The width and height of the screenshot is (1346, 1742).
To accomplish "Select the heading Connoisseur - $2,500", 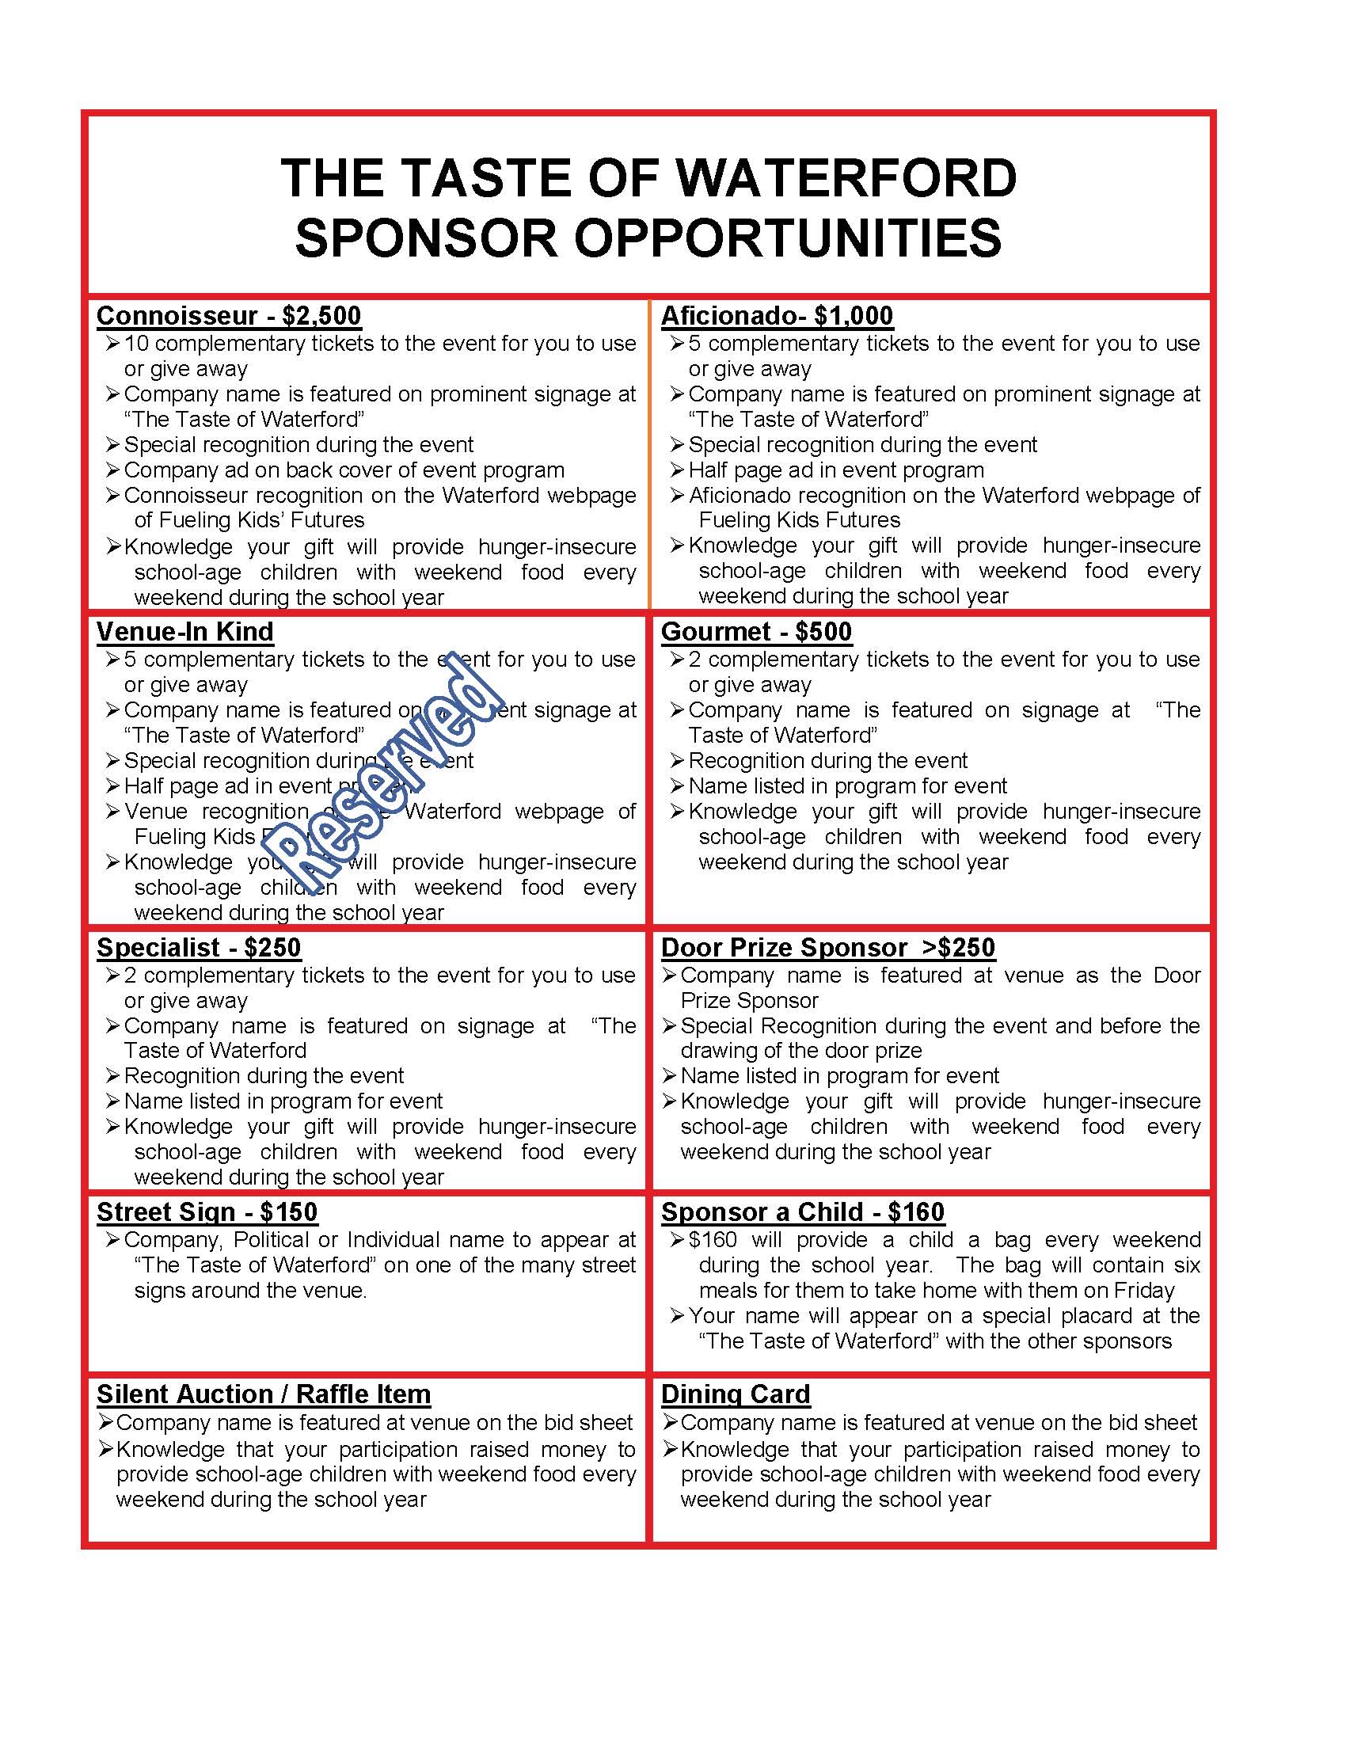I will coord(229,316).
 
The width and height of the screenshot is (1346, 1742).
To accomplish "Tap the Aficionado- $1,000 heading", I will coord(777,316).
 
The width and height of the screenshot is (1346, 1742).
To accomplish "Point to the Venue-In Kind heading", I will coord(185,632).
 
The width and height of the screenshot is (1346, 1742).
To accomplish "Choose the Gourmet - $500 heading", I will coord(756,632).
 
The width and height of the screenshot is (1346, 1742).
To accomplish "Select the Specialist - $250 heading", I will coord(199,948).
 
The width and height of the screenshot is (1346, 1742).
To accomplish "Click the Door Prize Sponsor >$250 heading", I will coord(827,948).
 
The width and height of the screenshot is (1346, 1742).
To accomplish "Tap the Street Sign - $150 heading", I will coord(207,1212).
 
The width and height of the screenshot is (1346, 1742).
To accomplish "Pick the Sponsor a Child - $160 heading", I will coord(802,1212).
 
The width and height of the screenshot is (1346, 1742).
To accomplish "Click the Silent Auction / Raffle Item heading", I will coord(263,1394).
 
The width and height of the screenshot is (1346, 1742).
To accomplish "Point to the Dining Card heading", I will coord(736,1394).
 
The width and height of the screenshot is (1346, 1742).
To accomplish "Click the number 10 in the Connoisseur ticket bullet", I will coord(136,344).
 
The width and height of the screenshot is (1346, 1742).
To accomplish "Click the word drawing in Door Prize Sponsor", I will coord(713,1051).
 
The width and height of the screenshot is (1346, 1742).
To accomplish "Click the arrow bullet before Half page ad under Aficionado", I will coord(677,470).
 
